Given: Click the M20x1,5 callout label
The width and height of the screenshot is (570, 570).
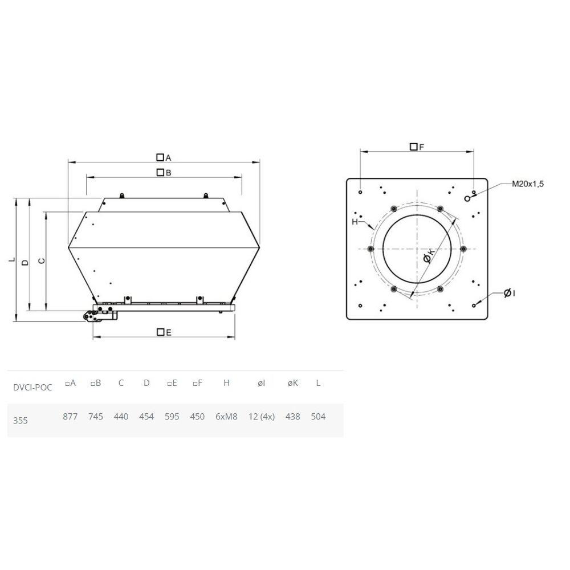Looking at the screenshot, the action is click(x=528, y=184).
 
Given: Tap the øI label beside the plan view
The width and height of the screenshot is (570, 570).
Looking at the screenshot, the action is click(x=509, y=293).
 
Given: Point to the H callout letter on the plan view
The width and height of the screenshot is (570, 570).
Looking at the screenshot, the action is click(x=355, y=222).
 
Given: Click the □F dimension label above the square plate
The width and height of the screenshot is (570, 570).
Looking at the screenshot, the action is click(x=417, y=147).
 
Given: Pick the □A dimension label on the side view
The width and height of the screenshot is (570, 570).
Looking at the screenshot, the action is click(x=164, y=157).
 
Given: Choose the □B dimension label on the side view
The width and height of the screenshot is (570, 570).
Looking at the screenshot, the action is click(x=164, y=173).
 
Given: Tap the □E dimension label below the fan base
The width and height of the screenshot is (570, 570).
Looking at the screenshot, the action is click(x=164, y=332).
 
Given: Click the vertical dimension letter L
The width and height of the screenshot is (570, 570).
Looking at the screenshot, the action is click(x=13, y=259).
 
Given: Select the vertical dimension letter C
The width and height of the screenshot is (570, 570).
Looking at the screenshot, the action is click(x=42, y=260).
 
